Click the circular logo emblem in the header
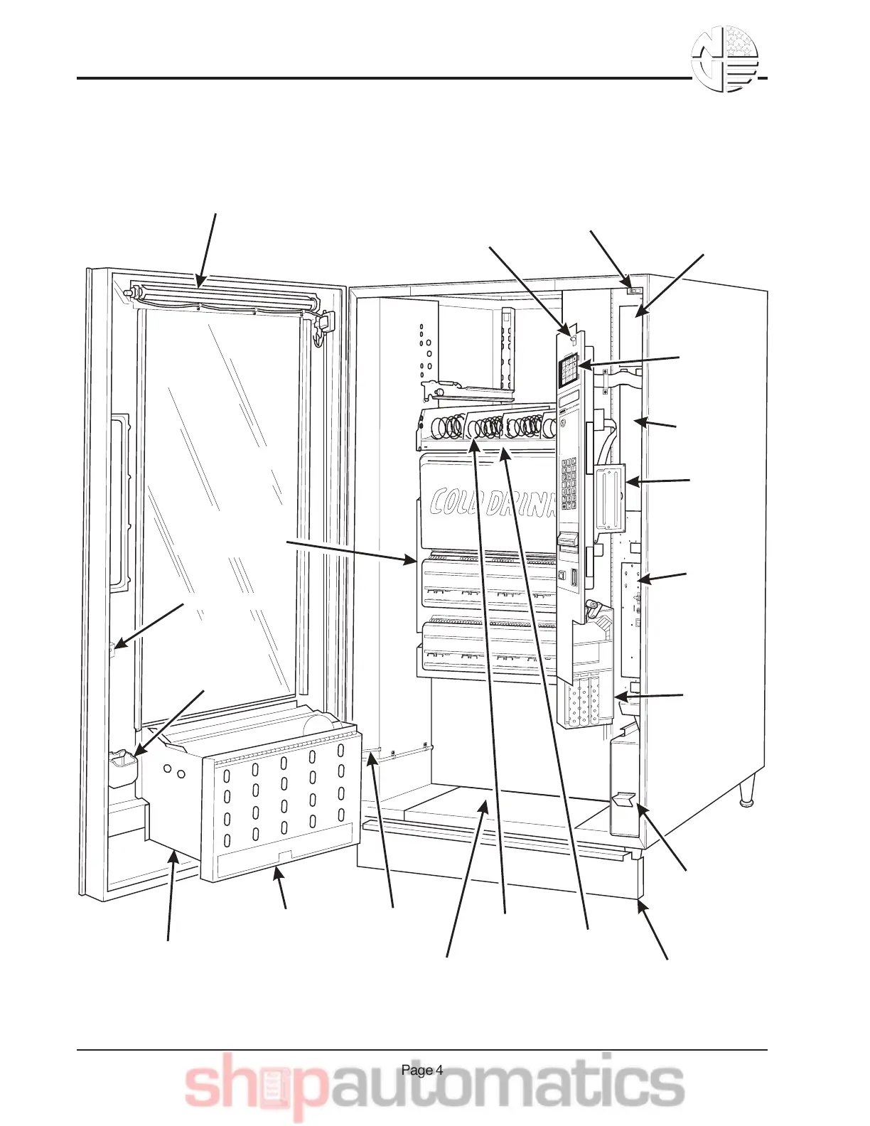click(x=725, y=60)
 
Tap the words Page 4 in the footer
click(x=422, y=1070)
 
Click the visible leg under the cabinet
click(x=746, y=792)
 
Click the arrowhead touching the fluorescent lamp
click(x=201, y=281)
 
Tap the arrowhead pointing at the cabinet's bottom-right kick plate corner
click(x=640, y=905)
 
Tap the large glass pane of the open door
click(x=220, y=498)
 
